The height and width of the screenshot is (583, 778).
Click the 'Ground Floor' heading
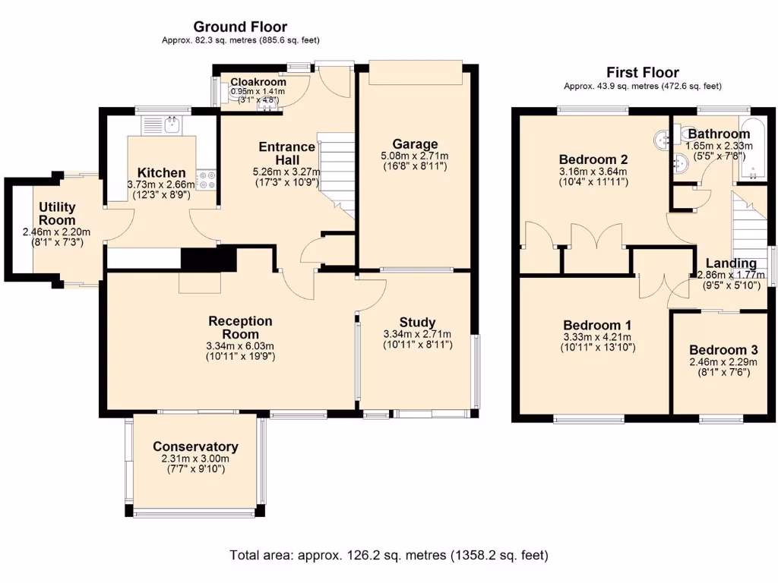(x=240, y=27)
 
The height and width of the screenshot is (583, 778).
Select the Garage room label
(x=415, y=144)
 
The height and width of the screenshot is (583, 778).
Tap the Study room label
(x=417, y=323)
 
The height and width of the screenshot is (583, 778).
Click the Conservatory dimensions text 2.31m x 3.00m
(x=195, y=459)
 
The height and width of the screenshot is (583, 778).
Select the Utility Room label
(x=57, y=213)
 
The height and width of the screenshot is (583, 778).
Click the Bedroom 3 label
(x=723, y=350)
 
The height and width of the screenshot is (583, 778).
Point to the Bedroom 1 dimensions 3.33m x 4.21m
(x=597, y=337)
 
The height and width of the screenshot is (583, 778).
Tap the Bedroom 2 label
(x=593, y=159)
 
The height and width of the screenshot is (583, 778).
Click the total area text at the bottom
(x=388, y=555)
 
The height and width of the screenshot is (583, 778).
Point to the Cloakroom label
(x=258, y=82)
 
